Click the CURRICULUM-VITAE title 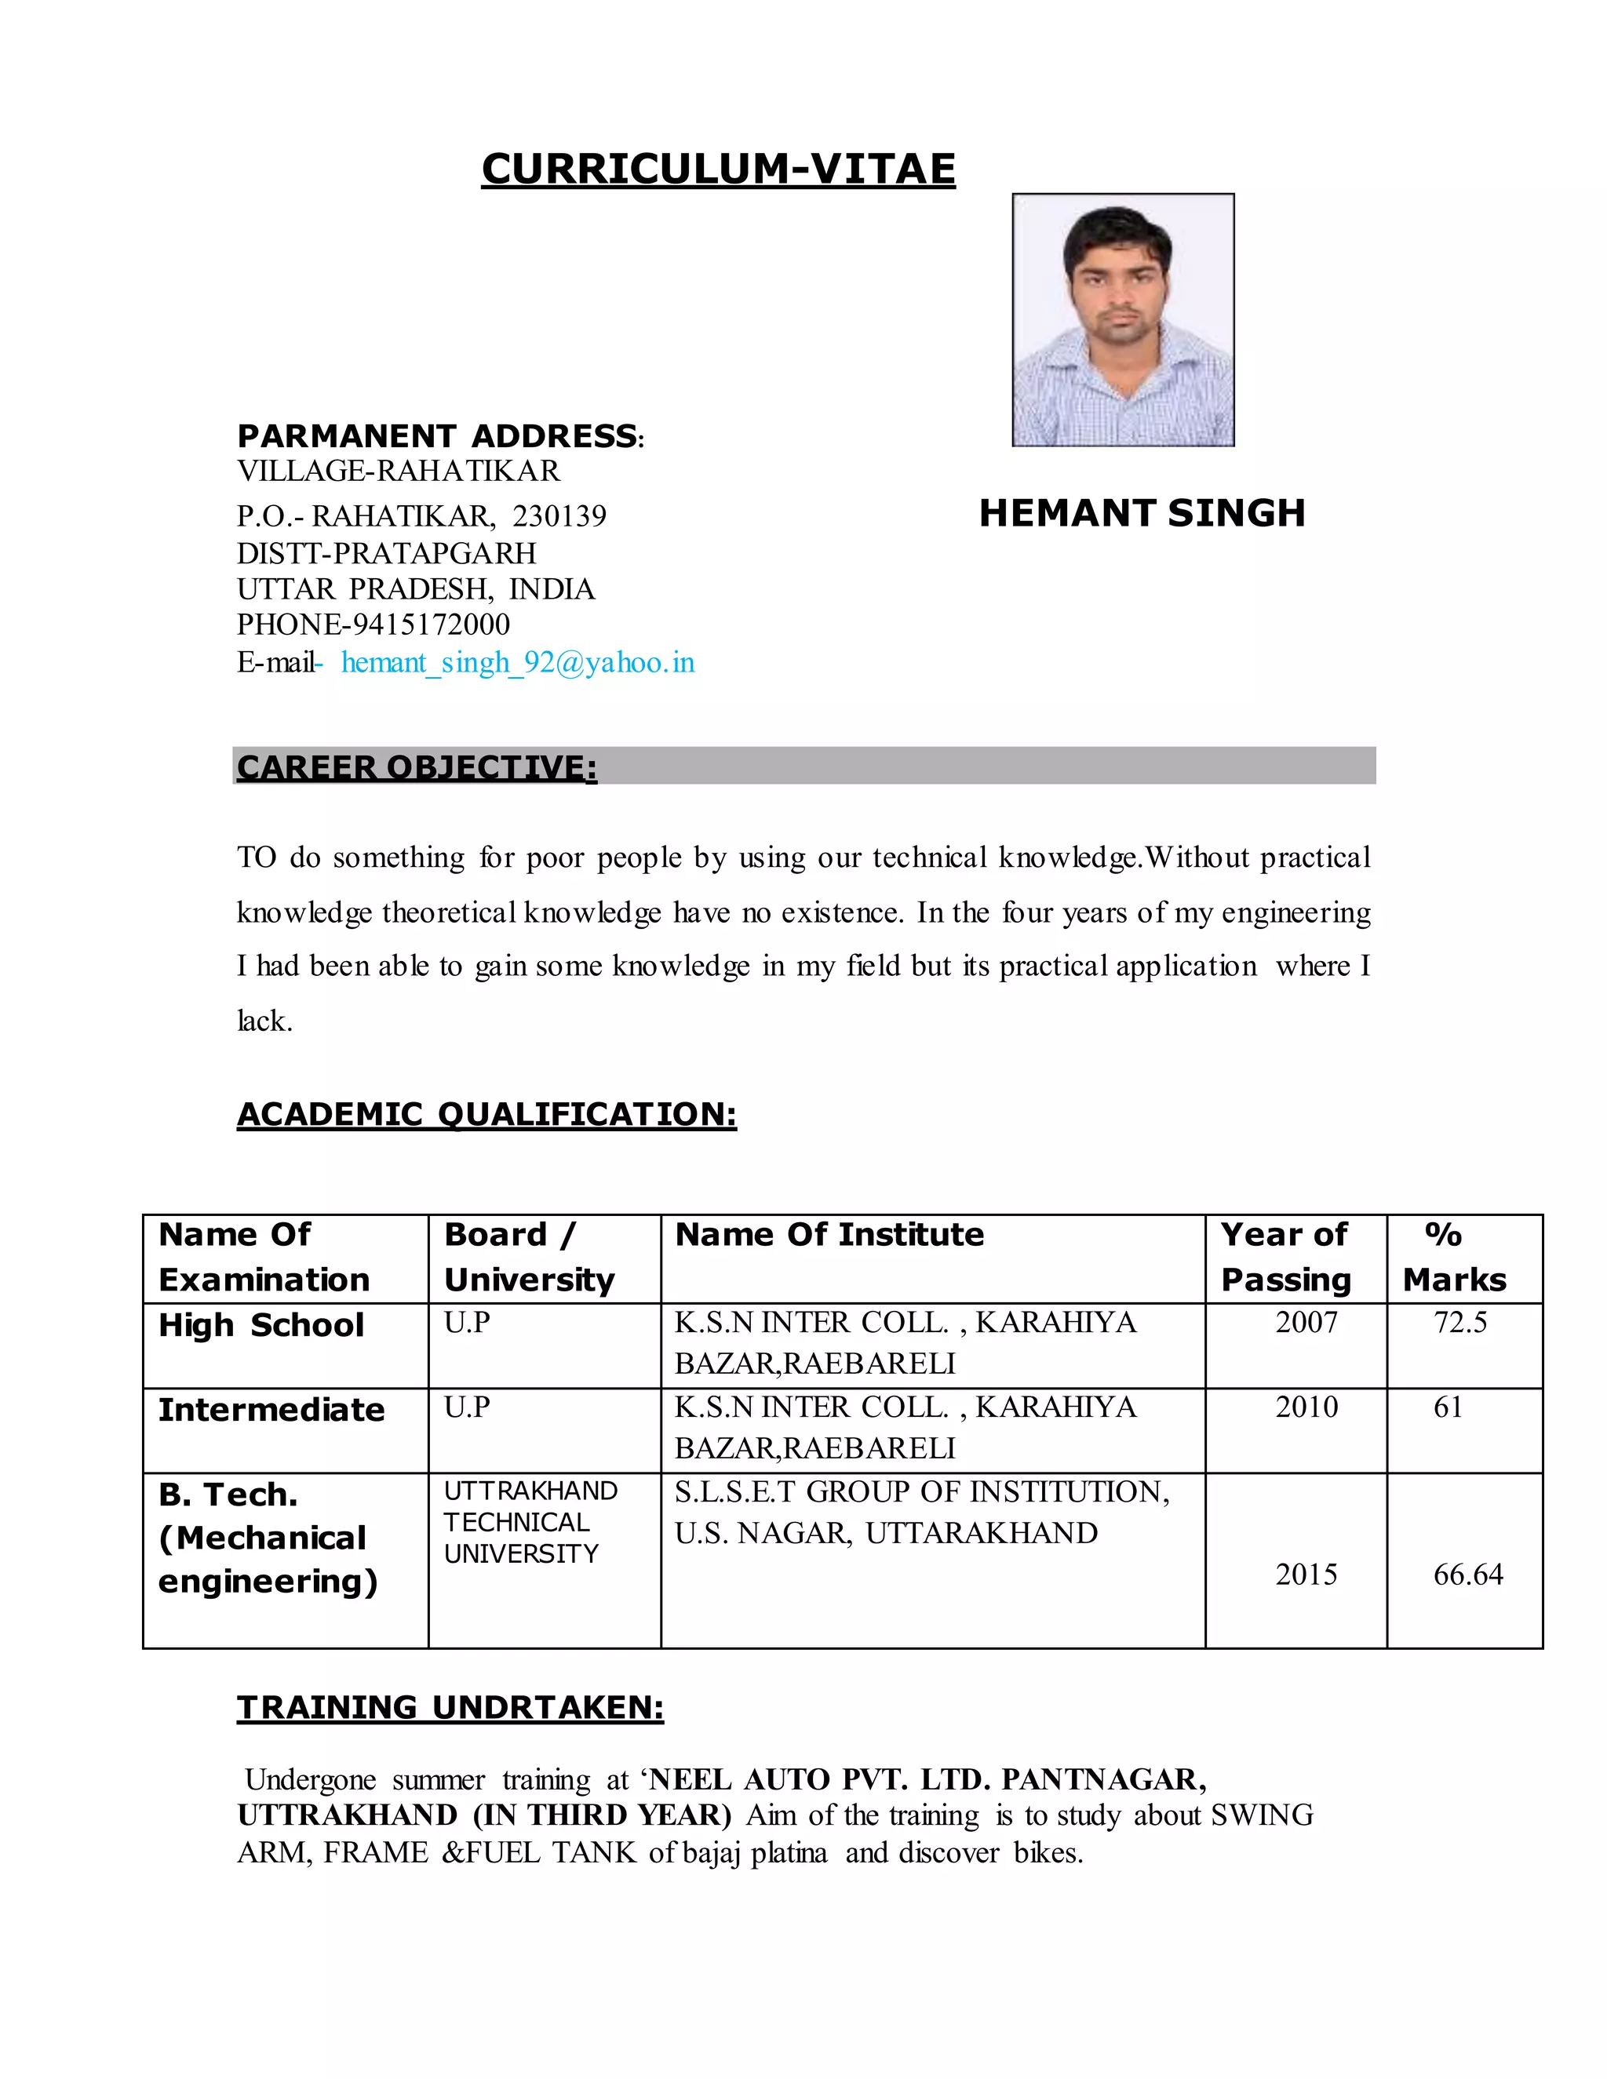click(x=718, y=169)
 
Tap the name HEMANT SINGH click(x=1142, y=513)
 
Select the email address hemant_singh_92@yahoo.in click(x=518, y=663)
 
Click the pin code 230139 click(x=559, y=516)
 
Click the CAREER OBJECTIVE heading click(x=417, y=767)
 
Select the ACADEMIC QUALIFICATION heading click(x=486, y=1114)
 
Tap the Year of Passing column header click(x=1285, y=1257)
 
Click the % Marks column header click(x=1454, y=1257)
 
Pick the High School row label click(x=261, y=1325)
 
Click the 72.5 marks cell click(x=1459, y=1322)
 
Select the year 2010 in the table click(x=1306, y=1407)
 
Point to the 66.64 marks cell click(x=1468, y=1575)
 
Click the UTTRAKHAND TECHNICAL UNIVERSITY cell click(x=530, y=1522)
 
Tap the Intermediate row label click(x=271, y=1410)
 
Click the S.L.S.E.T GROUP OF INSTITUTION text click(x=921, y=1491)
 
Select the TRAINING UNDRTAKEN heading click(x=450, y=1708)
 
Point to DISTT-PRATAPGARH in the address click(x=387, y=553)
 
